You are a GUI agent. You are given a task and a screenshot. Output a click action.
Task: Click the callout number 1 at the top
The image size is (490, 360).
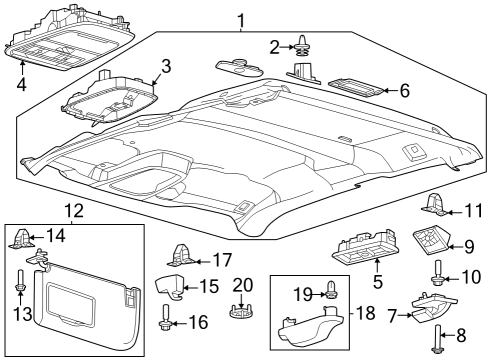(x=241, y=19)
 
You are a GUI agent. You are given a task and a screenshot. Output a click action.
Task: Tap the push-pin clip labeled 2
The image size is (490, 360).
(x=299, y=45)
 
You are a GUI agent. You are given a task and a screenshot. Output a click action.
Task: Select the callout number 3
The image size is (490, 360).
(x=166, y=66)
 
